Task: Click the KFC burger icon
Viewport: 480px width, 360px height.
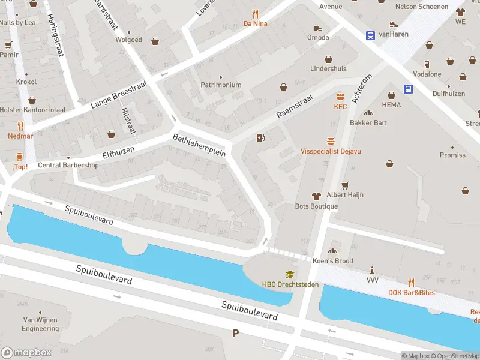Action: pyautogui.click(x=341, y=97)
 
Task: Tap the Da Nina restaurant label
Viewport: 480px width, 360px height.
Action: pyautogui.click(x=255, y=24)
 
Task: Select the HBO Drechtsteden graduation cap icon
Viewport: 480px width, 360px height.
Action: pyautogui.click(x=290, y=274)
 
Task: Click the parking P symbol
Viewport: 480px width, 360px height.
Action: pyautogui.click(x=235, y=333)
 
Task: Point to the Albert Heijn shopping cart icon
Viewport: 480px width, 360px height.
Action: pyautogui.click(x=345, y=185)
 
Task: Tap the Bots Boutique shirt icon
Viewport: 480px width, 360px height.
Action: pyautogui.click(x=316, y=196)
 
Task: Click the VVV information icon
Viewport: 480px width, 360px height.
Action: pyautogui.click(x=373, y=270)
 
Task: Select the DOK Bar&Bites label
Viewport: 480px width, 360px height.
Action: pyautogui.click(x=411, y=293)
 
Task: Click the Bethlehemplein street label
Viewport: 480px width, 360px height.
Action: pyautogui.click(x=199, y=145)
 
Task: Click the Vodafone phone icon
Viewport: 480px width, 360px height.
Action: pyautogui.click(x=427, y=64)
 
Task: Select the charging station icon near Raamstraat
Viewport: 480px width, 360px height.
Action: pyautogui.click(x=260, y=138)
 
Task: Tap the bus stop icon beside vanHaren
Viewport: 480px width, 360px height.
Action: pyautogui.click(x=370, y=35)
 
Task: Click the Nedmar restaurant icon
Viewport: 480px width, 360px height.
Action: pyautogui.click(x=20, y=127)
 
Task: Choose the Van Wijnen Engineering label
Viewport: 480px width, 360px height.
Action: pyautogui.click(x=41, y=324)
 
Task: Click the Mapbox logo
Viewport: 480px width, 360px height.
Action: pyautogui.click(x=26, y=353)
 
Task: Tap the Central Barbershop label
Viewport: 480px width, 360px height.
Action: pyautogui.click(x=68, y=165)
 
